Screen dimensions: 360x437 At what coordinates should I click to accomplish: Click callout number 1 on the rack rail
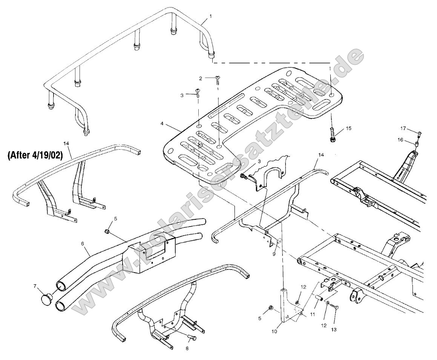coord(210,16)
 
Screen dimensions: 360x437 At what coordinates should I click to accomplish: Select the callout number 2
coord(201,78)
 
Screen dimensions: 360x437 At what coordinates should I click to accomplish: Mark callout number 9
coord(274,254)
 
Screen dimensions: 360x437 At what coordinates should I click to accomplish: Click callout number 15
coord(348,129)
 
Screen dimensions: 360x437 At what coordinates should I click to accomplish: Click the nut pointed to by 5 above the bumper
coord(107,231)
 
